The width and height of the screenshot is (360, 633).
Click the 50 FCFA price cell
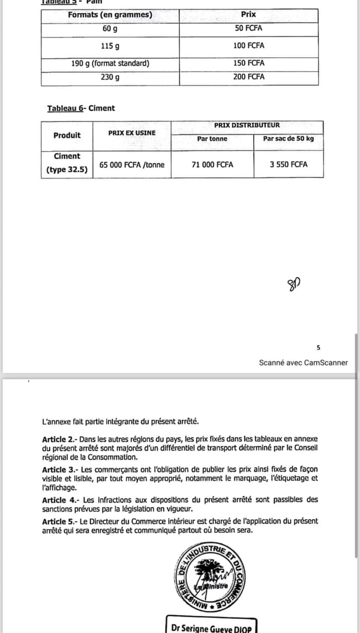pos(249,29)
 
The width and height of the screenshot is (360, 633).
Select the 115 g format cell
pos(110,46)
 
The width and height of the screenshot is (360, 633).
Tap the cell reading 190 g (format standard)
pos(110,63)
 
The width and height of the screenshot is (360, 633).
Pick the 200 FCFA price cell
pos(249,77)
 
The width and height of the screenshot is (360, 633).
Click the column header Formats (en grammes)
pos(110,15)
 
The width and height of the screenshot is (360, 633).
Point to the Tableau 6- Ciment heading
pos(81,108)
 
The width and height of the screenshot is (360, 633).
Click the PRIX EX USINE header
pos(132,132)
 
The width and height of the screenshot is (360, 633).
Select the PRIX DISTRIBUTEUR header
pos(247,125)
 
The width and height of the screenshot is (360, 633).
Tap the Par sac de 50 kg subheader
pos(288,139)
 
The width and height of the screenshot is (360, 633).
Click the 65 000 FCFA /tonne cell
pos(132,165)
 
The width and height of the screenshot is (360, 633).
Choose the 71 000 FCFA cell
pos(212,165)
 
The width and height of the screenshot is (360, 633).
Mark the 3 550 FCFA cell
pos(288,165)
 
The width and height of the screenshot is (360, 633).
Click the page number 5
pos(318,348)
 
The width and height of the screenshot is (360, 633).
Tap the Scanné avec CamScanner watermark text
pos(303,363)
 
